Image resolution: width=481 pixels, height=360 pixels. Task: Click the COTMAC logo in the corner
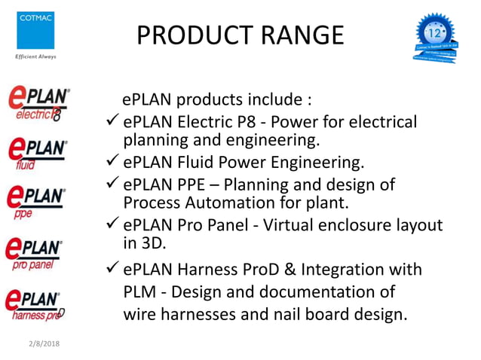(x=35, y=29)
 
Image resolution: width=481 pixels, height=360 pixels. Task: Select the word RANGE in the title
(x=302, y=35)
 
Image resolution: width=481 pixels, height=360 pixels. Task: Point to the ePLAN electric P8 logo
(x=38, y=105)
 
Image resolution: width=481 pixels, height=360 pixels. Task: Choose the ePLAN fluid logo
(x=36, y=153)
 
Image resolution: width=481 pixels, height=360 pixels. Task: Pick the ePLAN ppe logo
(x=36, y=201)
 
